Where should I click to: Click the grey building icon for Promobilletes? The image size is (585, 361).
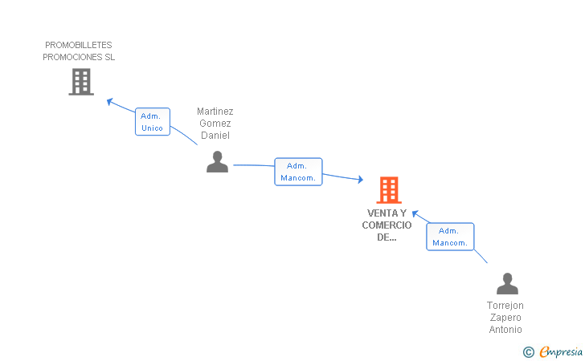coord(81,82)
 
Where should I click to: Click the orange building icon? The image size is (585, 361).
coord(388,190)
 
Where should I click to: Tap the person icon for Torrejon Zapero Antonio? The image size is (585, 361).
coord(507,284)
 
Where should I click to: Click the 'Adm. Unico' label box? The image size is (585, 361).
coord(152,122)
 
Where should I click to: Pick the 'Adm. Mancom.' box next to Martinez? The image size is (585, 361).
coord(298,172)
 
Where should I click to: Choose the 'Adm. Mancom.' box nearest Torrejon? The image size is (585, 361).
coord(450,237)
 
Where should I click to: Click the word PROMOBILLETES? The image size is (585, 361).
coord(79,45)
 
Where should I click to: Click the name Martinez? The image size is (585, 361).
coord(215,112)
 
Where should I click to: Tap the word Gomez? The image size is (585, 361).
coord(215,124)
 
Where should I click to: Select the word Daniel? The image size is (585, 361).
coord(215,136)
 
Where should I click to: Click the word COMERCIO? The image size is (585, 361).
coord(387,225)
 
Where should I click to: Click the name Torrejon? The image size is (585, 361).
coord(505,306)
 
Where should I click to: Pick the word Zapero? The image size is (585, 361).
coord(505,318)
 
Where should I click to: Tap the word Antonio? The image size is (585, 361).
coord(505,330)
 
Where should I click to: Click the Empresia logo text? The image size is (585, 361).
coord(562,351)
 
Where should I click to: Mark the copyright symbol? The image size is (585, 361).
coord(528,351)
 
